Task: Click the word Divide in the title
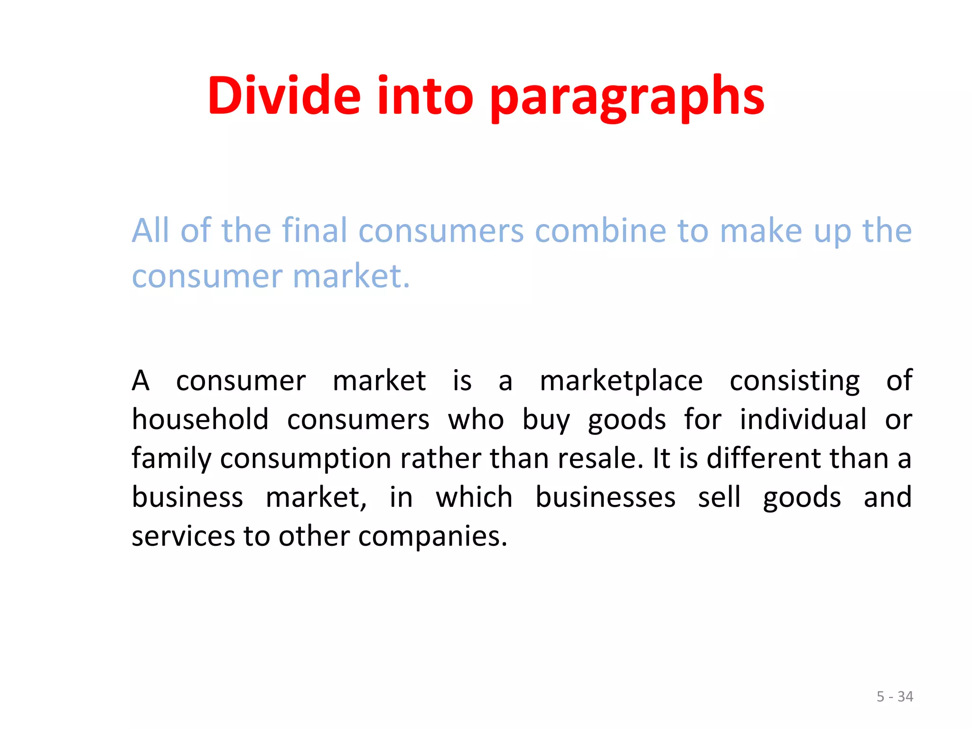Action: click(x=284, y=96)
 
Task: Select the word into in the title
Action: click(x=425, y=96)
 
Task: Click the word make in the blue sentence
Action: click(x=760, y=231)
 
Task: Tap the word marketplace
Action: click(x=621, y=381)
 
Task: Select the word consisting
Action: click(x=794, y=381)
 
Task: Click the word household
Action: click(x=200, y=420)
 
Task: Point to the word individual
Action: click(x=803, y=420)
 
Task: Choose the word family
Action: click(x=171, y=458)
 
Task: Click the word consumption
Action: click(x=306, y=458)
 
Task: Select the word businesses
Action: click(x=605, y=497)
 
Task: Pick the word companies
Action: click(x=432, y=536)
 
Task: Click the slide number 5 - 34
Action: click(x=895, y=696)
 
